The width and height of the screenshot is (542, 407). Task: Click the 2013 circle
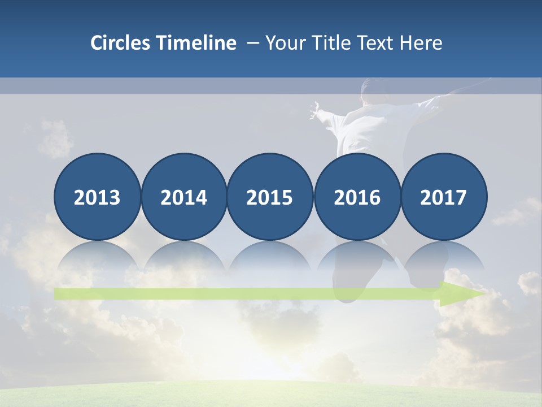(x=97, y=197)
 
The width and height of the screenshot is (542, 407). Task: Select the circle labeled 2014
(x=183, y=197)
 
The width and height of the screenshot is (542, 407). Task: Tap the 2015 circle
(x=270, y=197)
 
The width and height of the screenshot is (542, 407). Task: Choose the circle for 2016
(x=357, y=197)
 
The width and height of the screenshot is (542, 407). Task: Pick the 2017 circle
(x=443, y=197)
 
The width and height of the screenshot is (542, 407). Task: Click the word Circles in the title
(x=121, y=43)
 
